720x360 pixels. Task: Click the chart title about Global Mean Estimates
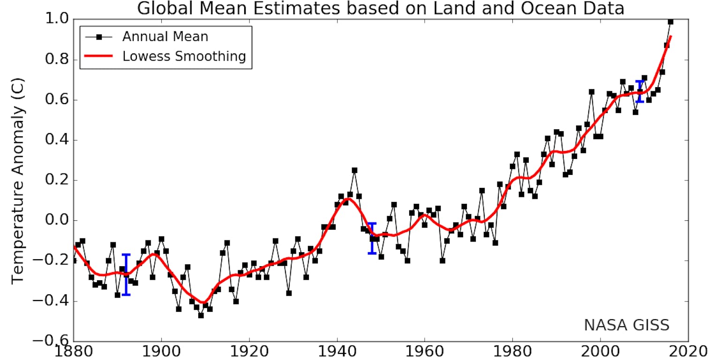381,8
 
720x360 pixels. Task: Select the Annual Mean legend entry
165,36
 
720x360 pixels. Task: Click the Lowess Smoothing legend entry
184,56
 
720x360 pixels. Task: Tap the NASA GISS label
626,325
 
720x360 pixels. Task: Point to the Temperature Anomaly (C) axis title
18,180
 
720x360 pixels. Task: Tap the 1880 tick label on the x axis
74,352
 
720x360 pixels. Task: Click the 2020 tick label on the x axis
688,352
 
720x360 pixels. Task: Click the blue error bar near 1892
126,274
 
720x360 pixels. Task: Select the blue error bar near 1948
372,238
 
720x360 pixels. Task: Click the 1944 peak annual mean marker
354,171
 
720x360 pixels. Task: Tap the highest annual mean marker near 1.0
670,22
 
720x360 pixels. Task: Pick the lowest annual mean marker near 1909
201,315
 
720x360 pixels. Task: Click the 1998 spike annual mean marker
592,92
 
